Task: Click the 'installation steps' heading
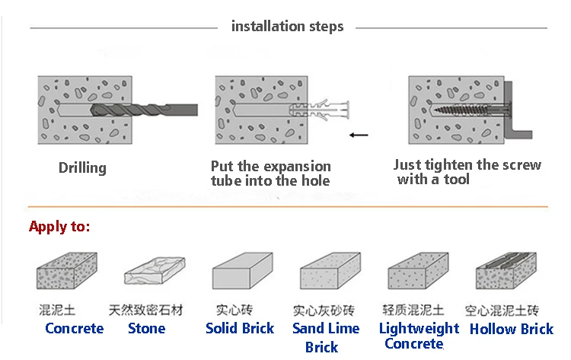pyautogui.click(x=287, y=27)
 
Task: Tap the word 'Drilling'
pyautogui.click(x=82, y=167)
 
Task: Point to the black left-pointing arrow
pyautogui.click(x=357, y=135)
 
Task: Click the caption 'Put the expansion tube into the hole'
pyautogui.click(x=271, y=174)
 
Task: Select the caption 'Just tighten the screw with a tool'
pyautogui.click(x=467, y=172)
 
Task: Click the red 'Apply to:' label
pyautogui.click(x=59, y=227)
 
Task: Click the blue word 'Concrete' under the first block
pyautogui.click(x=74, y=329)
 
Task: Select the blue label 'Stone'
pyautogui.click(x=146, y=329)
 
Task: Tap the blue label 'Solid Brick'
pyautogui.click(x=240, y=329)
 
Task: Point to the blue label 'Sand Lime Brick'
pyautogui.click(x=326, y=337)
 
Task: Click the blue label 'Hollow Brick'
pyautogui.click(x=512, y=329)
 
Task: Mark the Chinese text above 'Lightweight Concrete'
pyautogui.click(x=412, y=311)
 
